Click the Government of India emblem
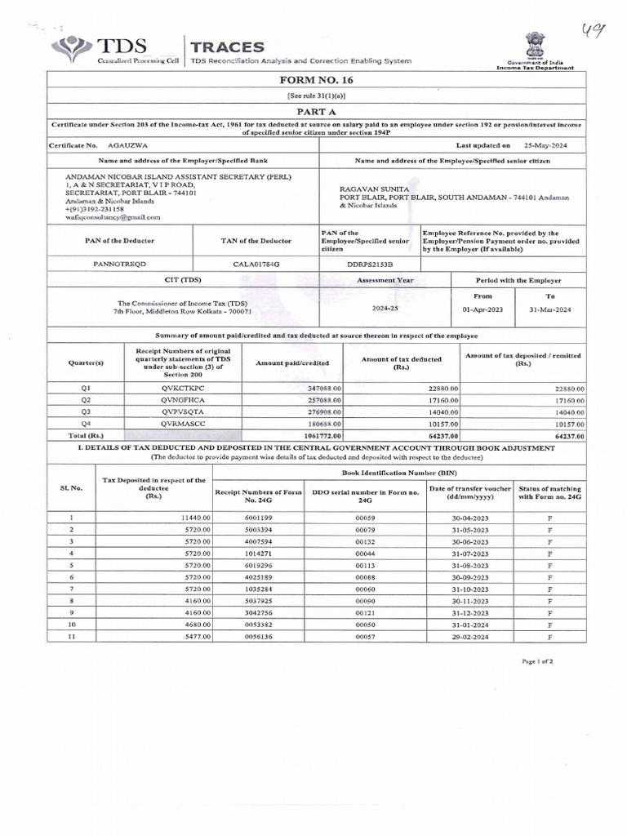[x=535, y=44]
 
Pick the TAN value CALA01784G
[x=256, y=265]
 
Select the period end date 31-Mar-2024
[x=549, y=309]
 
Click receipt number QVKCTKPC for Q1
[x=183, y=388]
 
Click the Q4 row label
[x=87, y=425]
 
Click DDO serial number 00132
[x=365, y=541]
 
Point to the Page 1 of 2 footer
[x=536, y=661]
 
